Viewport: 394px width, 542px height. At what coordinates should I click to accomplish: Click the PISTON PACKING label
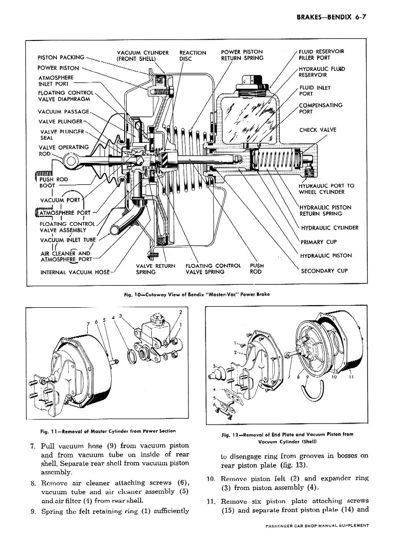pyautogui.click(x=61, y=57)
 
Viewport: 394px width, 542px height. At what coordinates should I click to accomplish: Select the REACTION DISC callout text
pyautogui.click(x=193, y=55)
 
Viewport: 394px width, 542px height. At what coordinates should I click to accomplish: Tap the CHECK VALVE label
pyautogui.click(x=317, y=130)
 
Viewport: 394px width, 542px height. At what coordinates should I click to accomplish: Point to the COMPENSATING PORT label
pyautogui.click(x=321, y=108)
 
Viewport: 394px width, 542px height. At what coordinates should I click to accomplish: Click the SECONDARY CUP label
pyautogui.click(x=324, y=271)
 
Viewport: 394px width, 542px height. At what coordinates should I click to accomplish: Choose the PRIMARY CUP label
pyautogui.click(x=319, y=242)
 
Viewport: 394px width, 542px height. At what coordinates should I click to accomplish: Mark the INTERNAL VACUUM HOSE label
pyautogui.click(x=75, y=272)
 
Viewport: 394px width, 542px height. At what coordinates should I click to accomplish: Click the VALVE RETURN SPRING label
pyautogui.click(x=155, y=269)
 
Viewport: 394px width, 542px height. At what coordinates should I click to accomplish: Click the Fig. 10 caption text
pyautogui.click(x=197, y=295)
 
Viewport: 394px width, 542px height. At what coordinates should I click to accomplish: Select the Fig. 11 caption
pyautogui.click(x=108, y=431)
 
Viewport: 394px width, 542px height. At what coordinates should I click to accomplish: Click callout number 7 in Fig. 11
pyautogui.click(x=88, y=324)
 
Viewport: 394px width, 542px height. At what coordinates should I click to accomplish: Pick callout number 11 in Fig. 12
pyautogui.click(x=351, y=377)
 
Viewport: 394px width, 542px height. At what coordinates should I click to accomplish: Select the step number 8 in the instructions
pyautogui.click(x=33, y=483)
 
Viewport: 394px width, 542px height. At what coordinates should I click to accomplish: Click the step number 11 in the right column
pyautogui.click(x=211, y=501)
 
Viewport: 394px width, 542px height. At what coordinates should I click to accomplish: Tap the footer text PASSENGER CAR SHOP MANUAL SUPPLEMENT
pyautogui.click(x=317, y=526)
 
